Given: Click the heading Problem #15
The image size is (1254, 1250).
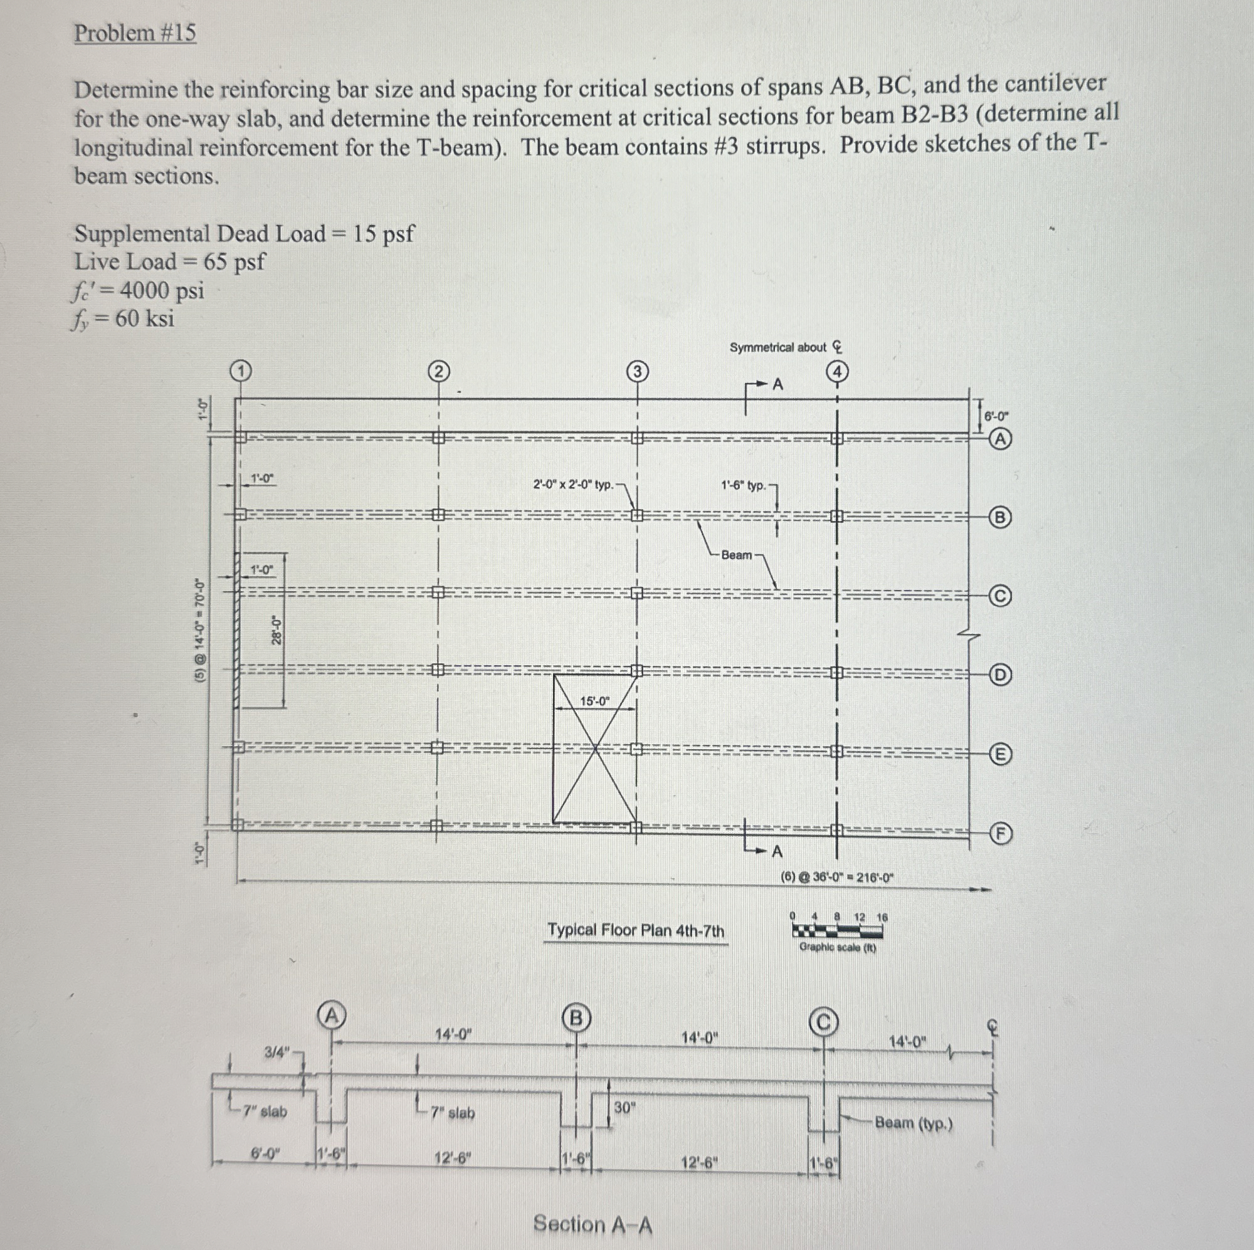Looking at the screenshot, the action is [x=135, y=33].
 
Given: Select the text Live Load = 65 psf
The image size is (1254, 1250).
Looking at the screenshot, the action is [x=169, y=262].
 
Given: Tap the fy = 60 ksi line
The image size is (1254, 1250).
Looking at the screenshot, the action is [x=124, y=319].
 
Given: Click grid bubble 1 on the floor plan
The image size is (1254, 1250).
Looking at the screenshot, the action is [x=240, y=371].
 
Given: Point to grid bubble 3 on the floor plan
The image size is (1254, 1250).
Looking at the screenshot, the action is [x=638, y=371].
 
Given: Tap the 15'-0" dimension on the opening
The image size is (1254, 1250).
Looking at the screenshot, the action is [x=595, y=701].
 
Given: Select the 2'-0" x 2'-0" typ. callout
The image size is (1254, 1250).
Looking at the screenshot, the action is [x=573, y=485].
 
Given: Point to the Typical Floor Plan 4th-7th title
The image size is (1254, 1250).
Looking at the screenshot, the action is [x=635, y=931].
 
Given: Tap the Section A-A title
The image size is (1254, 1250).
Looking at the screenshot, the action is [x=593, y=1224].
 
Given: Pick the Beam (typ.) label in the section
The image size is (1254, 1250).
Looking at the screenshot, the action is [x=914, y=1123].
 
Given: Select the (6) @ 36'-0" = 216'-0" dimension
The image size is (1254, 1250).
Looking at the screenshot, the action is [x=836, y=878].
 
